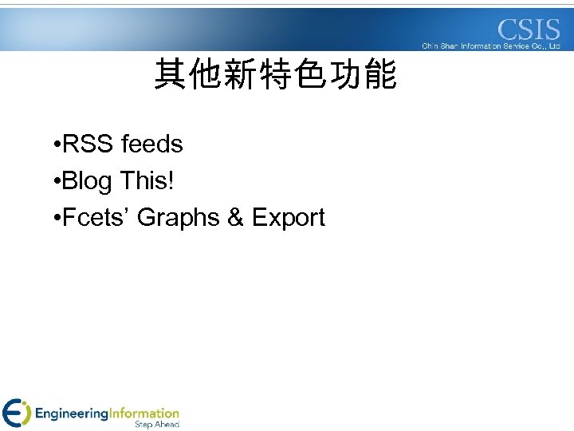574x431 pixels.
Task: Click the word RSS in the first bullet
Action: [x=88, y=144]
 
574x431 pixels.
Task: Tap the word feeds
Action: [x=152, y=144]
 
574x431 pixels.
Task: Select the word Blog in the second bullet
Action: [x=87, y=182]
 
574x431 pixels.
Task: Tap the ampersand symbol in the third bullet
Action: [x=236, y=218]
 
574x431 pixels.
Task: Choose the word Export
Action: [x=289, y=218]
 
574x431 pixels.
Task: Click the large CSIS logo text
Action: [x=529, y=30]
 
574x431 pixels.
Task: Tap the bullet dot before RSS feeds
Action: [x=52, y=145]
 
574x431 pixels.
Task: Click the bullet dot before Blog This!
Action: [x=52, y=182]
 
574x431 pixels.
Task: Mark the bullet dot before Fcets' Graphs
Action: [x=52, y=219]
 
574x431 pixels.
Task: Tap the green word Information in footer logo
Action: [x=143, y=413]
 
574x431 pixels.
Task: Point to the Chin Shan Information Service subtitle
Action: [x=491, y=46]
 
